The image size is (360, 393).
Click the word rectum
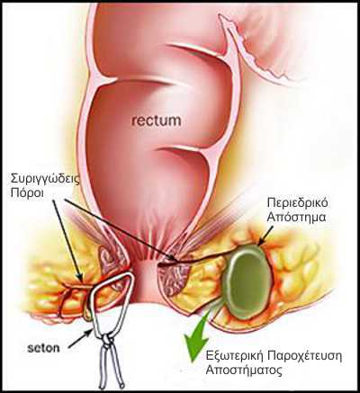[x=157, y=121]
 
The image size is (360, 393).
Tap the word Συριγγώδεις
[x=46, y=180]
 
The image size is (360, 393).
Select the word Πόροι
[x=27, y=193]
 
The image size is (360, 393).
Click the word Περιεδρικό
[x=297, y=203]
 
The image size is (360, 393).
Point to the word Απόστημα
[x=296, y=217]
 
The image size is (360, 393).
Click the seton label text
[x=43, y=348]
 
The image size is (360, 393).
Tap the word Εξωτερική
[x=234, y=356]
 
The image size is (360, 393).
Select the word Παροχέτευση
[x=304, y=356]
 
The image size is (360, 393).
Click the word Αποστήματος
[x=244, y=371]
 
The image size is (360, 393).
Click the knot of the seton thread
[x=106, y=340]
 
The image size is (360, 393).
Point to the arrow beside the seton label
[x=80, y=338]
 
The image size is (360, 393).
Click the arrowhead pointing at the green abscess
[x=261, y=241]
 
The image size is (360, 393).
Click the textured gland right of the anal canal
[x=173, y=279]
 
